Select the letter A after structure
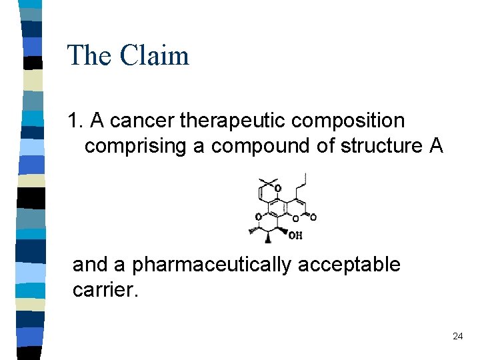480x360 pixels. (436, 146)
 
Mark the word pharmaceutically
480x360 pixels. (212, 265)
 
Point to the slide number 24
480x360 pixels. (457, 337)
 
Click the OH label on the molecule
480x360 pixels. (295, 235)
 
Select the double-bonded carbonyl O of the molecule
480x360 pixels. (313, 217)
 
